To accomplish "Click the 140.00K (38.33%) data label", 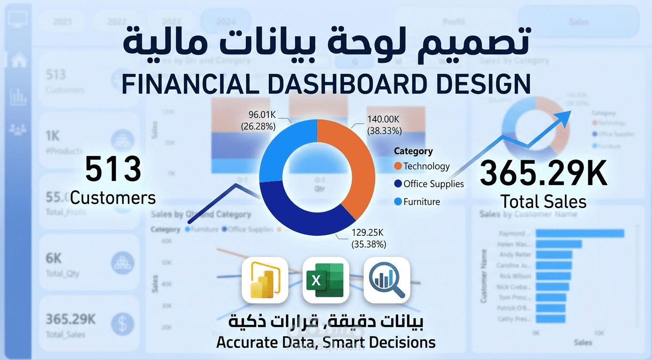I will (383, 126).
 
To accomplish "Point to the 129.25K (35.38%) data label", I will (369, 238).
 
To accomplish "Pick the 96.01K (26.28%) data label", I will (258, 120).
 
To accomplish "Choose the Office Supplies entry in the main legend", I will (429, 184).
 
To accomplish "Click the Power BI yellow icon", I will (265, 280).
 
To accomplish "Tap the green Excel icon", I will (326, 280).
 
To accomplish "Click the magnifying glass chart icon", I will (386, 280).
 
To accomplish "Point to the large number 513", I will (113, 170).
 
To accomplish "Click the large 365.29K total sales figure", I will (543, 173).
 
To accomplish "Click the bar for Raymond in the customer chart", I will (580, 233).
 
